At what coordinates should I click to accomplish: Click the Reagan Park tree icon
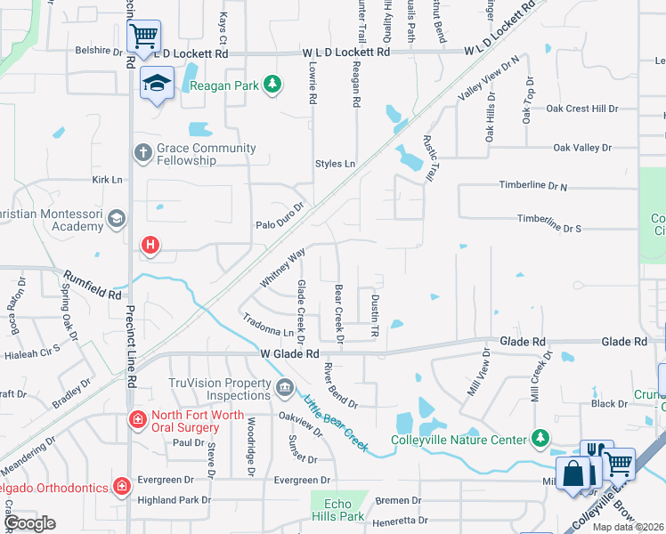point(273,84)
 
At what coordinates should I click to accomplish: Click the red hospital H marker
point(150,244)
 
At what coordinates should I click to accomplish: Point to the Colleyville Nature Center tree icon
point(540,438)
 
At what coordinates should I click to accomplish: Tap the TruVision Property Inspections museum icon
point(284,387)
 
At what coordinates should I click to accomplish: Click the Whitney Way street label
point(283,267)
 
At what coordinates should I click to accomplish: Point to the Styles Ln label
point(335,164)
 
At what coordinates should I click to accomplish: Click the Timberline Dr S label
point(549,223)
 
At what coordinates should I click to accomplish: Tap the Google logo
point(29,522)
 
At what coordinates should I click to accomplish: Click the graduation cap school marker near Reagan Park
point(157,83)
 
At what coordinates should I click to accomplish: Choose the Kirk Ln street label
point(107,180)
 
